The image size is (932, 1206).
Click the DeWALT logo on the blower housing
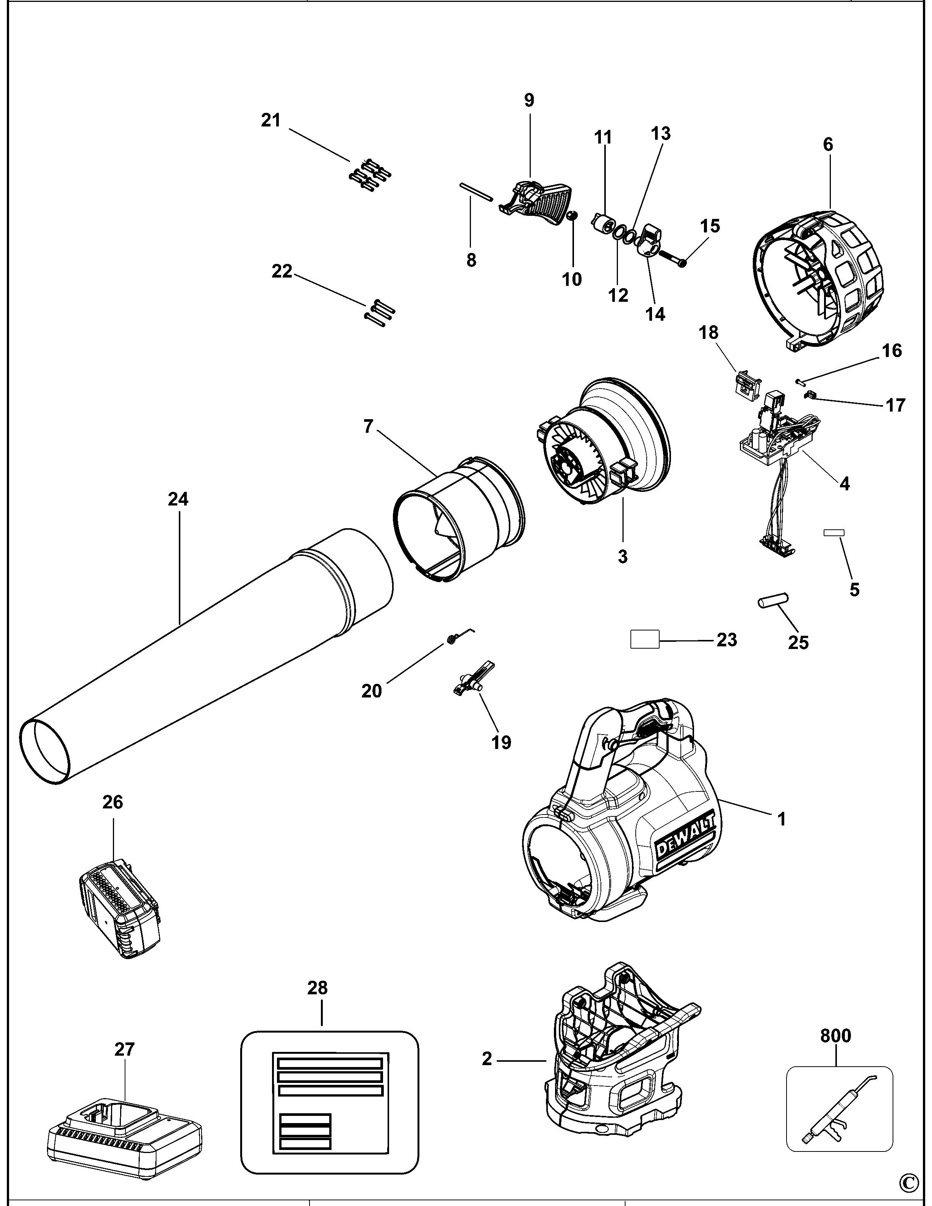(x=685, y=844)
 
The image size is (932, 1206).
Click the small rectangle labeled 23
(x=645, y=640)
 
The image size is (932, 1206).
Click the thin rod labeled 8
(x=475, y=193)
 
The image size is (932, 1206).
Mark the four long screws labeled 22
(x=380, y=313)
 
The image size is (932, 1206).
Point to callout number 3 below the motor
(x=622, y=557)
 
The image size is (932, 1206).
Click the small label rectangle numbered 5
(x=833, y=532)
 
